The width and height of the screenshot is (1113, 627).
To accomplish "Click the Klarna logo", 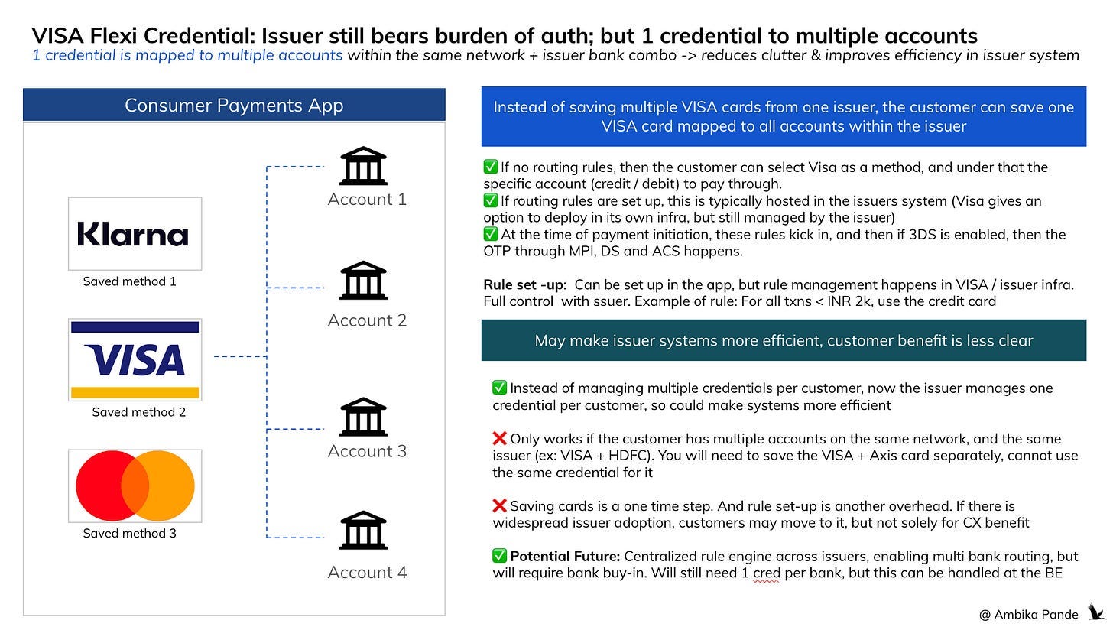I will tap(135, 234).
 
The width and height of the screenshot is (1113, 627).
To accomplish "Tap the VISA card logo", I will tap(135, 359).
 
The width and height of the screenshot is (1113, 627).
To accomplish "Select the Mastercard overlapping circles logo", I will tap(135, 486).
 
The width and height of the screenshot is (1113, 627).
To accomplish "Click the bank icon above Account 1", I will tap(363, 166).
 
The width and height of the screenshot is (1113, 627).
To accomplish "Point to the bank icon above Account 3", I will tap(363, 417).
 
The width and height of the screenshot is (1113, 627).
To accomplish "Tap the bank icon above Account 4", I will tap(363, 531).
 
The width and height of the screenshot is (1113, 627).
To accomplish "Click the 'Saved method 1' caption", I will tap(129, 281).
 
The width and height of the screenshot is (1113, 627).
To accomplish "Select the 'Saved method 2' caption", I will tap(138, 412).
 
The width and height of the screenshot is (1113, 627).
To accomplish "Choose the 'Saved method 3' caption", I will tap(129, 533).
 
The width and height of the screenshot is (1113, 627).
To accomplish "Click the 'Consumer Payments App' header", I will tap(234, 106).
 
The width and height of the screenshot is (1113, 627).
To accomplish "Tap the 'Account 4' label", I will tap(367, 572).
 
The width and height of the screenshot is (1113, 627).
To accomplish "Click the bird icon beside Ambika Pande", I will tap(1095, 612).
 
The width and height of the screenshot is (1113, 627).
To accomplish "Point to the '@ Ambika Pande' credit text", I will tap(1028, 614).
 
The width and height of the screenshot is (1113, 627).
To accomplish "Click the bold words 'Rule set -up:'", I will tap(524, 284).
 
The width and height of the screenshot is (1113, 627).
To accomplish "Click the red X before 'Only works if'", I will tap(500, 439).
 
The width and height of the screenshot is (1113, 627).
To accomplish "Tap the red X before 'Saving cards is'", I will tap(500, 505).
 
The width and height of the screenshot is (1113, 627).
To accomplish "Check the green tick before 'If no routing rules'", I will tap(491, 167).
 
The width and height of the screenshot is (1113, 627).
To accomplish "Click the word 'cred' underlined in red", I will tap(766, 573).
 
